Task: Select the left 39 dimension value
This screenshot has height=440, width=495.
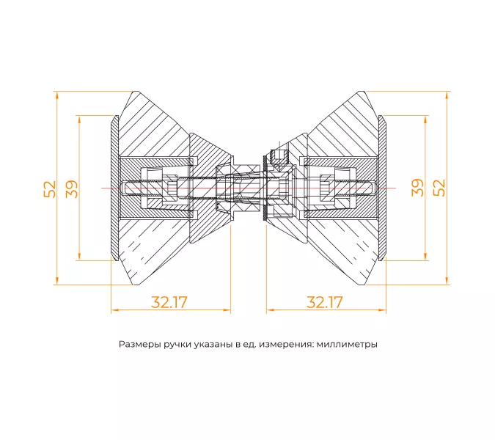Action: click(72, 188)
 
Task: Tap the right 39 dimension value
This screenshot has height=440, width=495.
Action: click(417, 187)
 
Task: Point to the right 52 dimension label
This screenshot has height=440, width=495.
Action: click(439, 187)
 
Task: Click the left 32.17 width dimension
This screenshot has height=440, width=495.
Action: click(169, 301)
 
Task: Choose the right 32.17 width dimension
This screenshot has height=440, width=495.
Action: click(325, 301)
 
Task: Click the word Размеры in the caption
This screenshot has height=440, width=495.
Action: click(139, 344)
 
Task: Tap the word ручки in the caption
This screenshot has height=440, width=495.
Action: click(180, 344)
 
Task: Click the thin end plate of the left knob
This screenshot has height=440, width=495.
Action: click(114, 188)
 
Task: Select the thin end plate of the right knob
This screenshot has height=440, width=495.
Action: click(381, 188)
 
